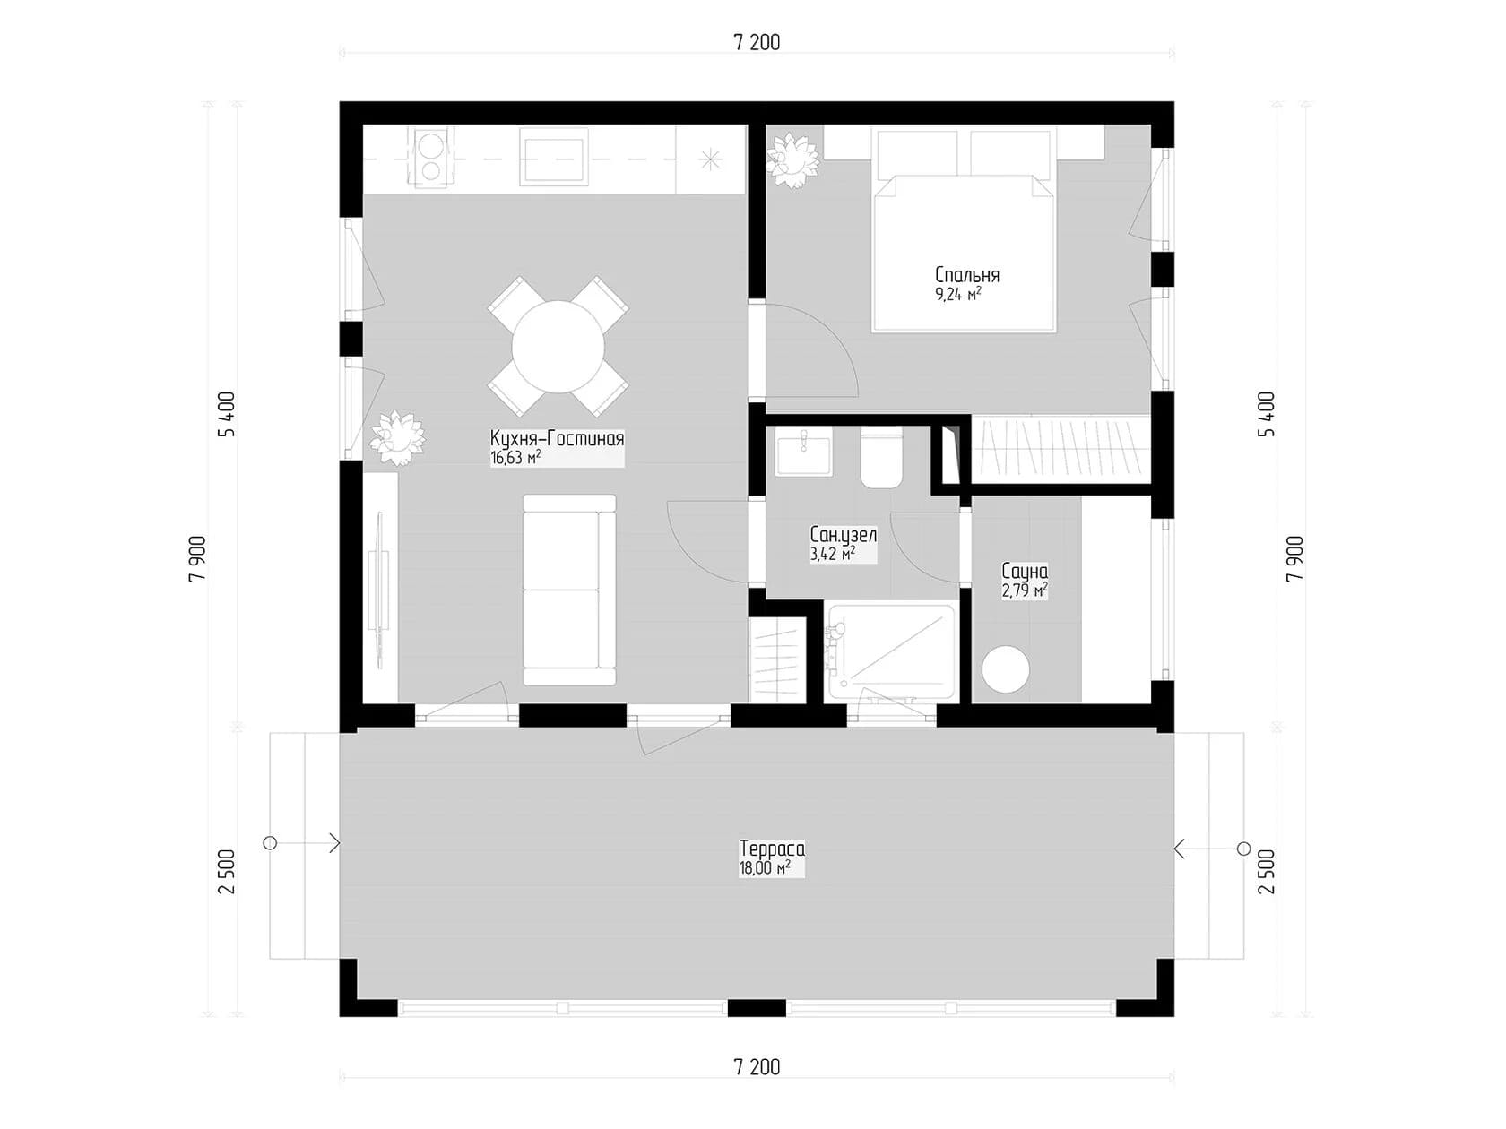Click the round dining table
point(558,347)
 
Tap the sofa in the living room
point(569,590)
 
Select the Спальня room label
point(966,275)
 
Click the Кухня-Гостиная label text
point(557,439)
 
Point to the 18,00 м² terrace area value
point(764,868)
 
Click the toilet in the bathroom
point(880,459)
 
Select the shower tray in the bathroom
point(891,651)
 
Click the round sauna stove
point(1006,669)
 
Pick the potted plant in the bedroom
point(792,159)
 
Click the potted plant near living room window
point(397,437)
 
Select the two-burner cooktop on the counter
point(430,158)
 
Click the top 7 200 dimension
point(757,43)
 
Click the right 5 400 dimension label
point(1266,414)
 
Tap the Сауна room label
point(1024,572)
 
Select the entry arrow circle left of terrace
point(270,843)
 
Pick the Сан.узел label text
point(843,535)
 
